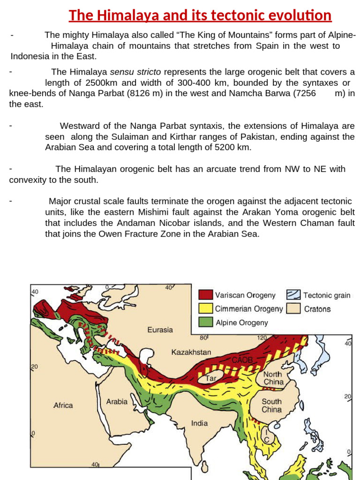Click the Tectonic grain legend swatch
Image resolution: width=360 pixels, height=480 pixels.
point(293,295)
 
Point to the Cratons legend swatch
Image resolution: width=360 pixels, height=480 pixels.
point(293,309)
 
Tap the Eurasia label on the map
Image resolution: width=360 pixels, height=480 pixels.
point(160,330)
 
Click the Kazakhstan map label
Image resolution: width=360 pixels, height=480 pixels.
point(191,352)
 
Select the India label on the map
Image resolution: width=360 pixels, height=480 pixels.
point(199,423)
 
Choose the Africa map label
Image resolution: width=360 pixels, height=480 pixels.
point(63,405)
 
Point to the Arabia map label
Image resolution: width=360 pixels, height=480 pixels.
point(117,401)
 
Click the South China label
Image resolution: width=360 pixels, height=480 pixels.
point(271,405)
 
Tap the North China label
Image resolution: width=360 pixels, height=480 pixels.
point(273,378)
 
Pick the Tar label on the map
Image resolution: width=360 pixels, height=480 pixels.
point(210,377)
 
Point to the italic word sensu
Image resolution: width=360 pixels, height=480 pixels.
point(122,72)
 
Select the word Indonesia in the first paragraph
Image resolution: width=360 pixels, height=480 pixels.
point(29,56)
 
